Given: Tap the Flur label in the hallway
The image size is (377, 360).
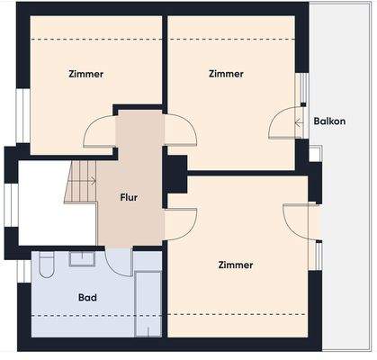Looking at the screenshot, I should click(130, 196).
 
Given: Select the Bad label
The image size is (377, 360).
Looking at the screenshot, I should click(87, 296).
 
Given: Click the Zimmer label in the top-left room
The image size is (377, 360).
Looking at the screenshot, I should click(85, 74).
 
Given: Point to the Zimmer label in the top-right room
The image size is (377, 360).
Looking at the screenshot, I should click(225, 74).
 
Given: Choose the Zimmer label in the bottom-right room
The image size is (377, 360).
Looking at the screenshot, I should click(235, 265).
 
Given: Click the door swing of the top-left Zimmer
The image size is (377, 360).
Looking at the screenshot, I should click(99, 135).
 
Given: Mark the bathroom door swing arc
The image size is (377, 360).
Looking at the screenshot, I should click(118, 262).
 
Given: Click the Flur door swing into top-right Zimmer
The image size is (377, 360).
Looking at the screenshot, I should click(181, 132).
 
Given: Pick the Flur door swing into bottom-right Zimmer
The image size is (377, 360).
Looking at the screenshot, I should click(181, 223).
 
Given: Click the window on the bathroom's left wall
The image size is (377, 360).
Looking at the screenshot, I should click(22, 270).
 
